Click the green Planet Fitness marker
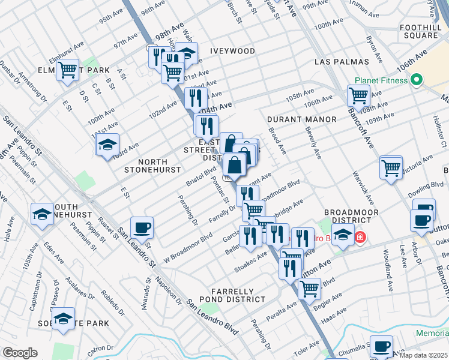(x=417, y=80)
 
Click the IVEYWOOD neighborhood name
(x=232, y=52)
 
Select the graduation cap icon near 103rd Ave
(x=107, y=145)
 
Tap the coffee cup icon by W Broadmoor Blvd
(x=142, y=227)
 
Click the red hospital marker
(x=360, y=237)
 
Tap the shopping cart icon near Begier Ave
(x=309, y=289)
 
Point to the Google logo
(x=20, y=353)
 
